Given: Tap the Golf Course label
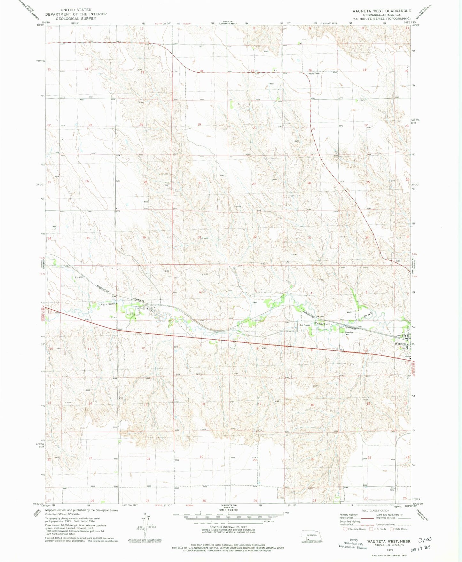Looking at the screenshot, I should click(305, 325).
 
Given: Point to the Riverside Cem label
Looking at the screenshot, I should click(348, 333).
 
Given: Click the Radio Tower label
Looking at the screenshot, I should click(314, 74).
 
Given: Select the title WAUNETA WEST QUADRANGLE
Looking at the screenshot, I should click(382, 11).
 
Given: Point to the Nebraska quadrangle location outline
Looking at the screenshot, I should click(311, 536).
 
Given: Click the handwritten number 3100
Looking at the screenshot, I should click(426, 540).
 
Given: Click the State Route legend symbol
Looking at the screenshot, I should click(392, 529).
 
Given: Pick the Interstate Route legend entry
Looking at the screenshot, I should click(345, 529).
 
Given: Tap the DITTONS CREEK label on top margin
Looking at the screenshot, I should click(228, 24).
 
